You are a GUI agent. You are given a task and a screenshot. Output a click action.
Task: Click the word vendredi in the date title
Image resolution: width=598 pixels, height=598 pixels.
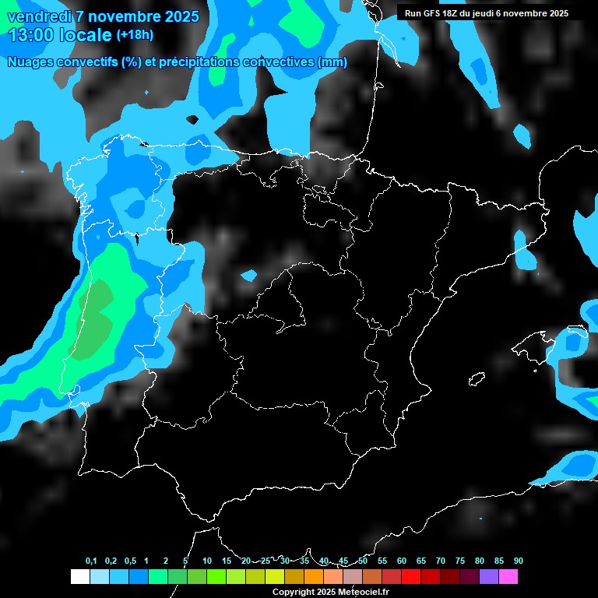point(35,16)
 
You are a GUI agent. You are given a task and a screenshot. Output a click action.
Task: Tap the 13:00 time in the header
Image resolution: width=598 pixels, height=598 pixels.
point(32,35)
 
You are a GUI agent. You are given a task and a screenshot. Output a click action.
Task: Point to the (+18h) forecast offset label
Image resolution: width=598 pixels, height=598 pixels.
point(135,34)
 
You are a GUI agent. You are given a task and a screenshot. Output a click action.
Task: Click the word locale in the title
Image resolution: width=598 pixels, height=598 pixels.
point(86,35)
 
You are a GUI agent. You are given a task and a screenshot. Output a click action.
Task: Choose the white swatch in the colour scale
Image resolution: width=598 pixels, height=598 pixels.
point(79,576)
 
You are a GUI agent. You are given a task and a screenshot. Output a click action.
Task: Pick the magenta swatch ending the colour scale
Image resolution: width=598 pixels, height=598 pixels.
point(508,576)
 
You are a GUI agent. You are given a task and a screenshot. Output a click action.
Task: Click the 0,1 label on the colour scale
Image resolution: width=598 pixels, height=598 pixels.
point(91,561)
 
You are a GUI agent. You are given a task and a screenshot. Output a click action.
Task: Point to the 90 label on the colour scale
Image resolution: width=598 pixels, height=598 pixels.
point(518,561)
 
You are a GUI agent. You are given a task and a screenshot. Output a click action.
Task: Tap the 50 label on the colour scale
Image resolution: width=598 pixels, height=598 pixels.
point(363,561)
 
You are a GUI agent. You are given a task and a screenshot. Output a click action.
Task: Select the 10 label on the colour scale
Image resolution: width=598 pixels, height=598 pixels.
point(206,561)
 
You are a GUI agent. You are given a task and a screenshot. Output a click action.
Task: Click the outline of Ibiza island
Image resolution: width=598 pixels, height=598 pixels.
point(477,380)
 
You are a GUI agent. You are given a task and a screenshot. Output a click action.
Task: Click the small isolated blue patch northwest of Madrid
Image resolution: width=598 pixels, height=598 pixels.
point(248,275)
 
